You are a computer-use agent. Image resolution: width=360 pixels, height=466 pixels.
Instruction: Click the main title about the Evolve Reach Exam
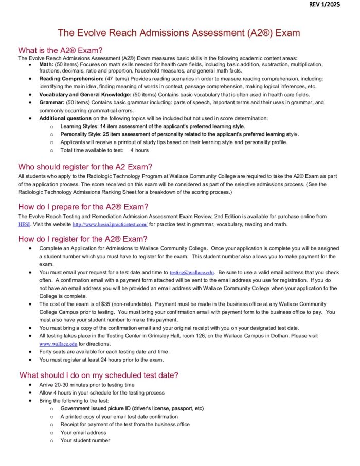pos(178,33)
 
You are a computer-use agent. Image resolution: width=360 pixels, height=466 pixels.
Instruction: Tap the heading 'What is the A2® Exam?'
pos(60,50)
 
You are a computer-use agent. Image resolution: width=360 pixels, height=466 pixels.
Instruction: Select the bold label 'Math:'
pos(47,64)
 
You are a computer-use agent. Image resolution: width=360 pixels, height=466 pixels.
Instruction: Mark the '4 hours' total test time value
pos(139,150)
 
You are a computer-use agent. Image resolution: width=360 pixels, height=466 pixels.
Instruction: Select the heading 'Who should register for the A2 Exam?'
pos(85,167)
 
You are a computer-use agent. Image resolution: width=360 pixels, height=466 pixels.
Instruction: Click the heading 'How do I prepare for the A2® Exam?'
pos(83,207)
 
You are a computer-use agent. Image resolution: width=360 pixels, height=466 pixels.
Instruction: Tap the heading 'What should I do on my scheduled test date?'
pos(99,375)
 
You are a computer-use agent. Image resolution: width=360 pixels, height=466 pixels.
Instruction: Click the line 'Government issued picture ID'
pos(132,408)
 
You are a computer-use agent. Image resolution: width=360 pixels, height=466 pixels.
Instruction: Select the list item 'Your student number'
pos(85,440)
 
